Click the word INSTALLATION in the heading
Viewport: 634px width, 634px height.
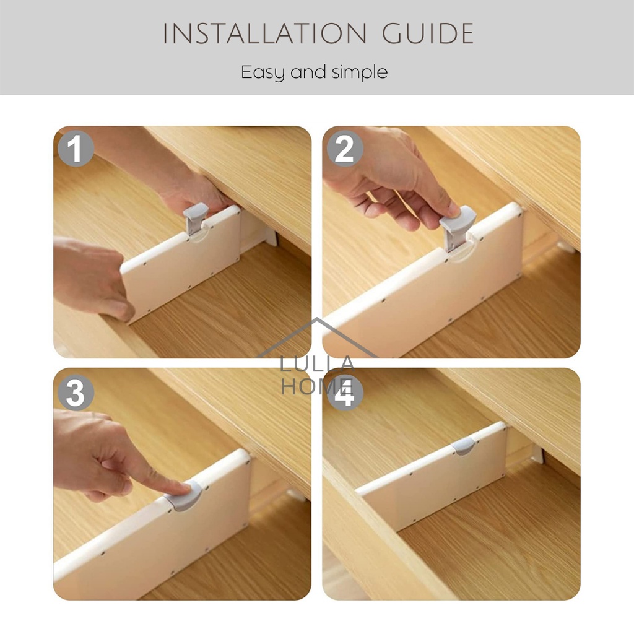coord(264,33)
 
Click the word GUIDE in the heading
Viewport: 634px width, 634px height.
coord(428,33)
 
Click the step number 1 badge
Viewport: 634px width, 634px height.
coord(76,149)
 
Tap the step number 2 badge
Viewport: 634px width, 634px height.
coord(344,149)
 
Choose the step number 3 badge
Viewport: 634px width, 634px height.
coord(76,392)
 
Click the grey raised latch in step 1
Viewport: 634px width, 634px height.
coord(195,219)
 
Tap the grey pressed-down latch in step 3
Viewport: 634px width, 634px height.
coord(186,496)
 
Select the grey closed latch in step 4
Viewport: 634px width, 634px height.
coord(464,446)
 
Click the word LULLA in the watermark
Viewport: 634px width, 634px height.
coord(317,364)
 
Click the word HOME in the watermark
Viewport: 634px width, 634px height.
coord(317,386)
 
